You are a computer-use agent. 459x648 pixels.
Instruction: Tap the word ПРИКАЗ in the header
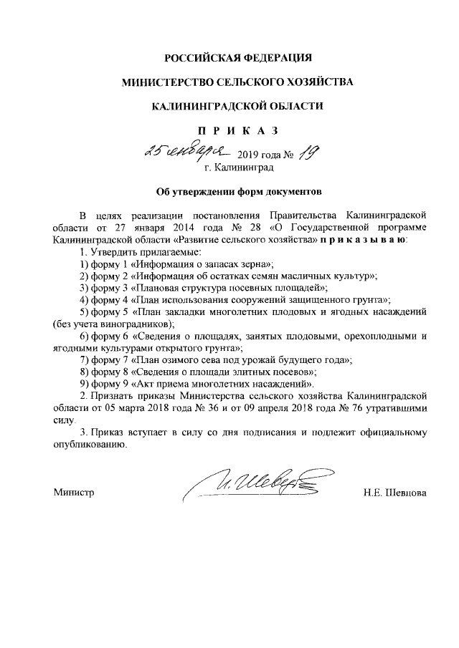[237, 130]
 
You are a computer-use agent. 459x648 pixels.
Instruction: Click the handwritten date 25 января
[185, 150]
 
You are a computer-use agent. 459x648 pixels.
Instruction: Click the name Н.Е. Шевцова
[395, 493]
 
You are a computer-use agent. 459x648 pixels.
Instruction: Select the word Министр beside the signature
[75, 493]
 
